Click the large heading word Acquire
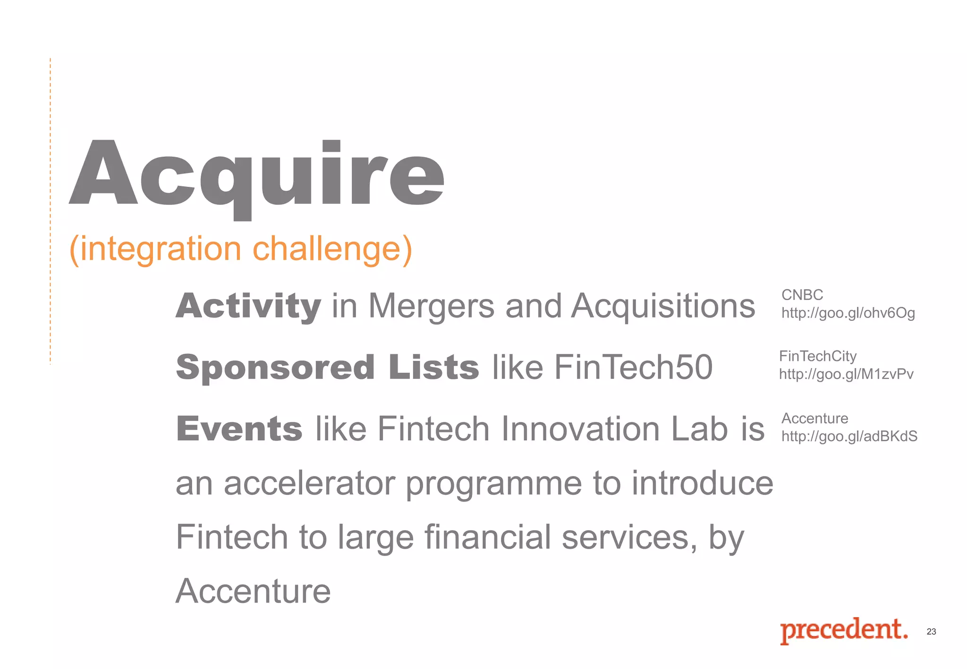pos(257,175)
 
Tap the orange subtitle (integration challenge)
pos(241,249)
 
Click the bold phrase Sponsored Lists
pos(327,368)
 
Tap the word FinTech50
pos(633,368)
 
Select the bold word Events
pos(239,429)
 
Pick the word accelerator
pos(309,484)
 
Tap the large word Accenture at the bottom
pos(253,591)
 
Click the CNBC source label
pos(802,295)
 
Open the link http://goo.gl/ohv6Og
pos(848,313)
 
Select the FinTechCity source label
pos(818,356)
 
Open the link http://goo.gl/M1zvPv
pos(846,375)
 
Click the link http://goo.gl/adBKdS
pos(849,436)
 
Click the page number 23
pos(931,632)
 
